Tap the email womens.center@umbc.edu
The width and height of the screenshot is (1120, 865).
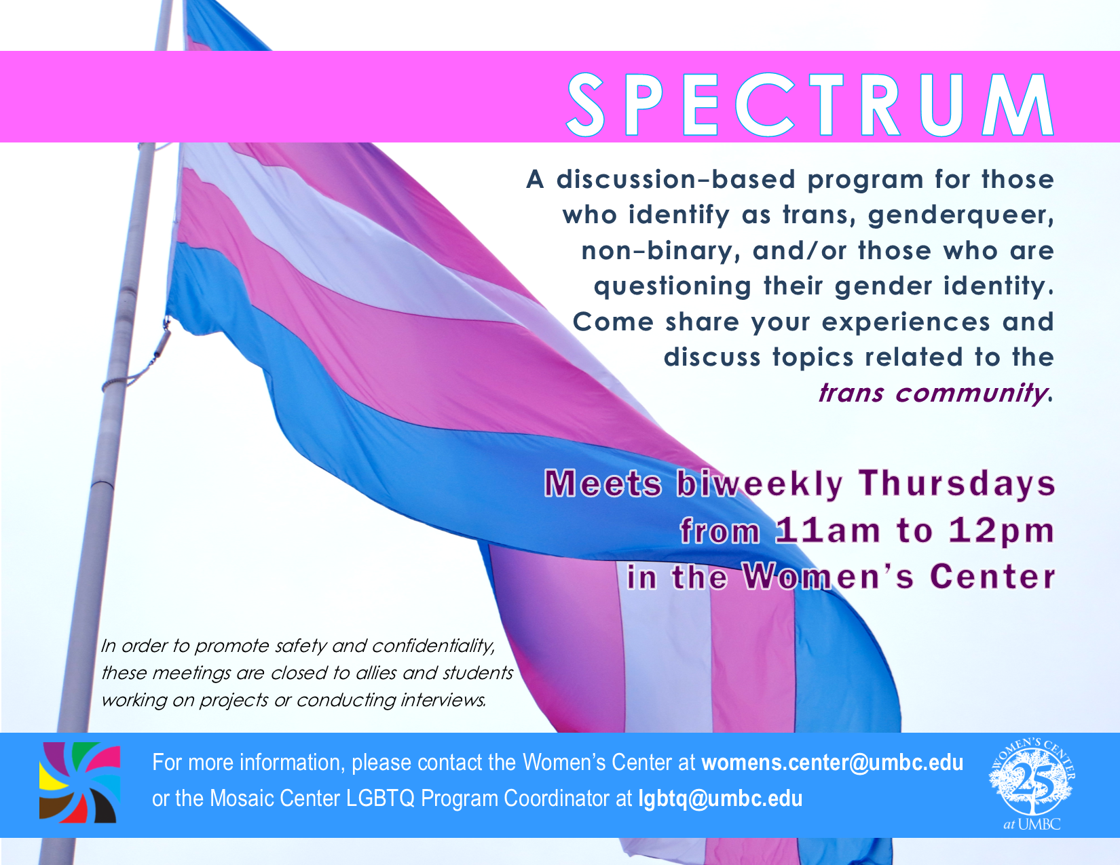tap(832, 763)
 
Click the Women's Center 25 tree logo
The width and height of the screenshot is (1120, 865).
tap(1032, 784)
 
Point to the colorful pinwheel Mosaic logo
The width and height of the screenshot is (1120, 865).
tap(80, 782)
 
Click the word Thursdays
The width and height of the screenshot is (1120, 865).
tap(957, 484)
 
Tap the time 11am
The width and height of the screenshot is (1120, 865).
tap(827, 531)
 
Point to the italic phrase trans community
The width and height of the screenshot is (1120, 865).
tap(934, 393)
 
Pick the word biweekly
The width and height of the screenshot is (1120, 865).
tap(760, 485)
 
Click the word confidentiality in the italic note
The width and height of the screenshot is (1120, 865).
tap(433, 647)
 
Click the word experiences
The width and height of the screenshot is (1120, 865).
tap(906, 323)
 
